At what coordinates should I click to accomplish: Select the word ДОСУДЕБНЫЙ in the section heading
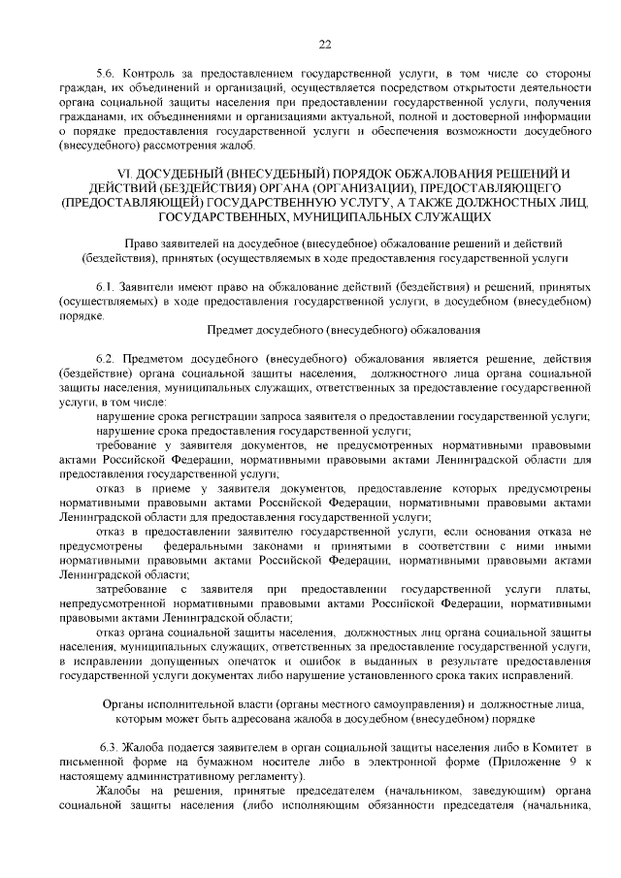point(189,174)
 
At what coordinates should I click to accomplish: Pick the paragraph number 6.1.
point(106,289)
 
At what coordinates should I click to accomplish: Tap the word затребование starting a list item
point(133,590)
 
